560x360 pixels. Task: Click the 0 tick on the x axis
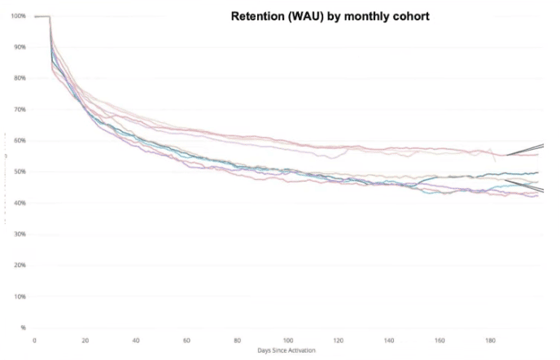pyautogui.click(x=34, y=340)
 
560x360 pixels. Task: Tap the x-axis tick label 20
pyautogui.click(x=85, y=340)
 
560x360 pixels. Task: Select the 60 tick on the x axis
pyautogui.click(x=186, y=340)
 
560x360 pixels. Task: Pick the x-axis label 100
pyautogui.click(x=287, y=340)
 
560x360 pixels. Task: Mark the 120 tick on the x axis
pyautogui.click(x=338, y=340)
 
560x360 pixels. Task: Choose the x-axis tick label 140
pyautogui.click(x=389, y=340)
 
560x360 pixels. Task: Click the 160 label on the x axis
pyautogui.click(x=440, y=340)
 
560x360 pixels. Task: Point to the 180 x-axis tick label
pyautogui.click(x=490, y=340)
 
